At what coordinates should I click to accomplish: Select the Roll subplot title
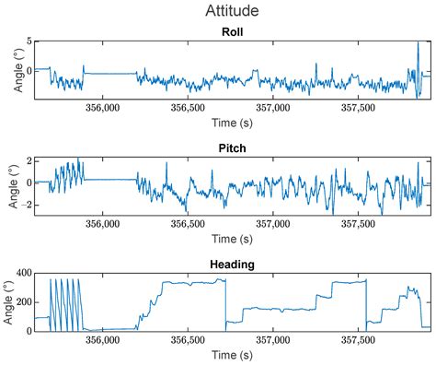(232, 32)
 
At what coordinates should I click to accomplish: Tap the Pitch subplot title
(232, 148)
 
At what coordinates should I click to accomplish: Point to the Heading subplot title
(232, 265)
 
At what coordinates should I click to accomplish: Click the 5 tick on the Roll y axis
(29, 42)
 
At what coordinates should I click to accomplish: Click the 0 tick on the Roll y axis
(29, 70)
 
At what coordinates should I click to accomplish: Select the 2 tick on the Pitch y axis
(29, 160)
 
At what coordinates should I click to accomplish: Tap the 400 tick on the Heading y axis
(22, 275)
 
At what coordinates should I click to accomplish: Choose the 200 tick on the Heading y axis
(22, 302)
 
